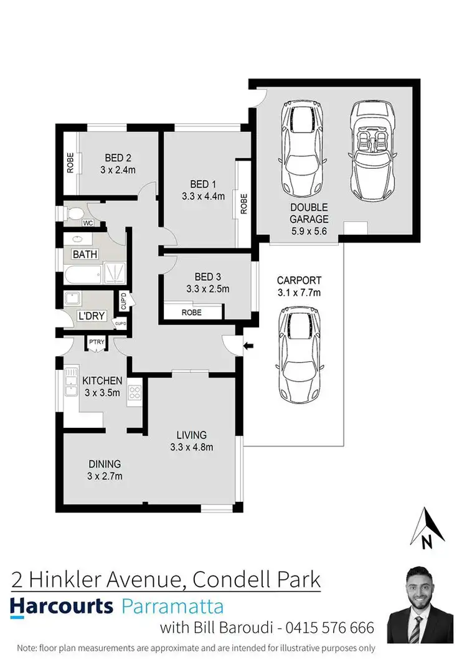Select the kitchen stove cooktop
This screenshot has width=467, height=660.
tap(134, 392)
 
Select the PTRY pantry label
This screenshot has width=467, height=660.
tap(96, 342)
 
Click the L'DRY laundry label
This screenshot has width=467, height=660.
tap(91, 316)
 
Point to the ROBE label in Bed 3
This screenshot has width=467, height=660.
tap(191, 313)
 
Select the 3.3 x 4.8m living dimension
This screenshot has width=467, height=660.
tap(192, 446)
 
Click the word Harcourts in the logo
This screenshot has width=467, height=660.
tap(62, 606)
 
